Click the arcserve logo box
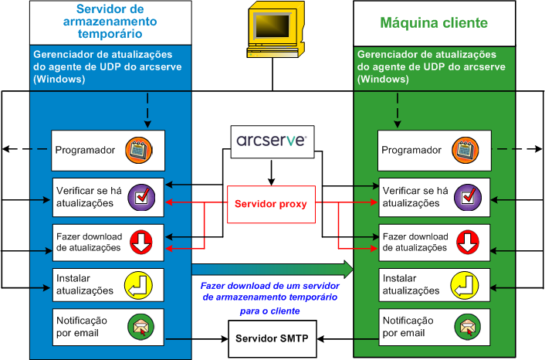[x=272, y=141]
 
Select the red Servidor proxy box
[x=272, y=205]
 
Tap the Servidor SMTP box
[x=272, y=339]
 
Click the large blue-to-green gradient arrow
[x=272, y=269]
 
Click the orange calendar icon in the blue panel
[x=141, y=150]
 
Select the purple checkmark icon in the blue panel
[x=141, y=196]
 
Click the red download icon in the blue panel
[x=141, y=242]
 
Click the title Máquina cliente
[x=434, y=23]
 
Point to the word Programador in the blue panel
[x=85, y=151]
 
